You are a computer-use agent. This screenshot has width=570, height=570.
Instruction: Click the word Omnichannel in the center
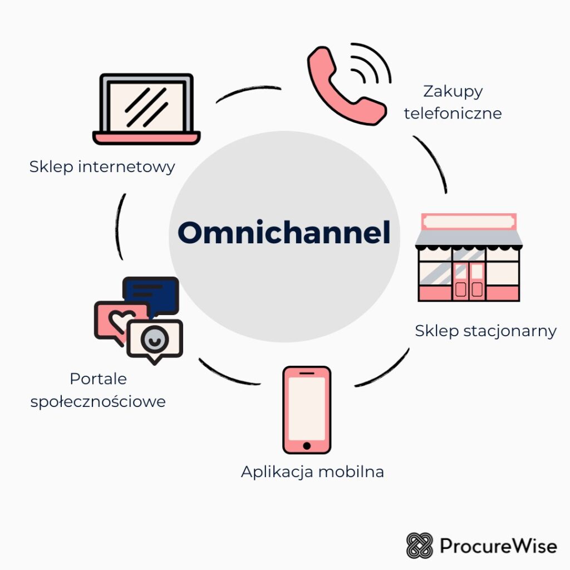pyautogui.click(x=284, y=233)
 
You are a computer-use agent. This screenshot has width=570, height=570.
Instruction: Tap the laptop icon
pyautogui.click(x=146, y=109)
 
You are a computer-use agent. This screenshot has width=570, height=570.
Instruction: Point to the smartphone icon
pyautogui.click(x=307, y=409)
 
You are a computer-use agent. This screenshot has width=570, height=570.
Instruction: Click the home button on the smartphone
pyautogui.click(x=307, y=445)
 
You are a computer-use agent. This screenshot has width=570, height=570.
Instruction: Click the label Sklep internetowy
pyautogui.click(x=102, y=166)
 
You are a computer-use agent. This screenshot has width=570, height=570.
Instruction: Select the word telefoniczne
pyautogui.click(x=453, y=114)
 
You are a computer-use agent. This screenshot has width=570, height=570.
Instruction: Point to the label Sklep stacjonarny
pyautogui.click(x=485, y=331)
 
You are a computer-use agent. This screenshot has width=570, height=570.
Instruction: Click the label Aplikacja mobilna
pyautogui.click(x=312, y=472)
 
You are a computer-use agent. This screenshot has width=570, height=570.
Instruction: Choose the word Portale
pyautogui.click(x=98, y=379)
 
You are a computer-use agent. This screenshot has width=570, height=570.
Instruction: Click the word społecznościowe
pyautogui.click(x=98, y=401)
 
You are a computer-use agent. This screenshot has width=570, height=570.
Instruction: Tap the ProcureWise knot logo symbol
pyautogui.click(x=420, y=546)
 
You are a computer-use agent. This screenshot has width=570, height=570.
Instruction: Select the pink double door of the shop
pyautogui.click(x=469, y=281)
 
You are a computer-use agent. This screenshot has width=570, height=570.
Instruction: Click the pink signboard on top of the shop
pyautogui.click(x=469, y=222)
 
